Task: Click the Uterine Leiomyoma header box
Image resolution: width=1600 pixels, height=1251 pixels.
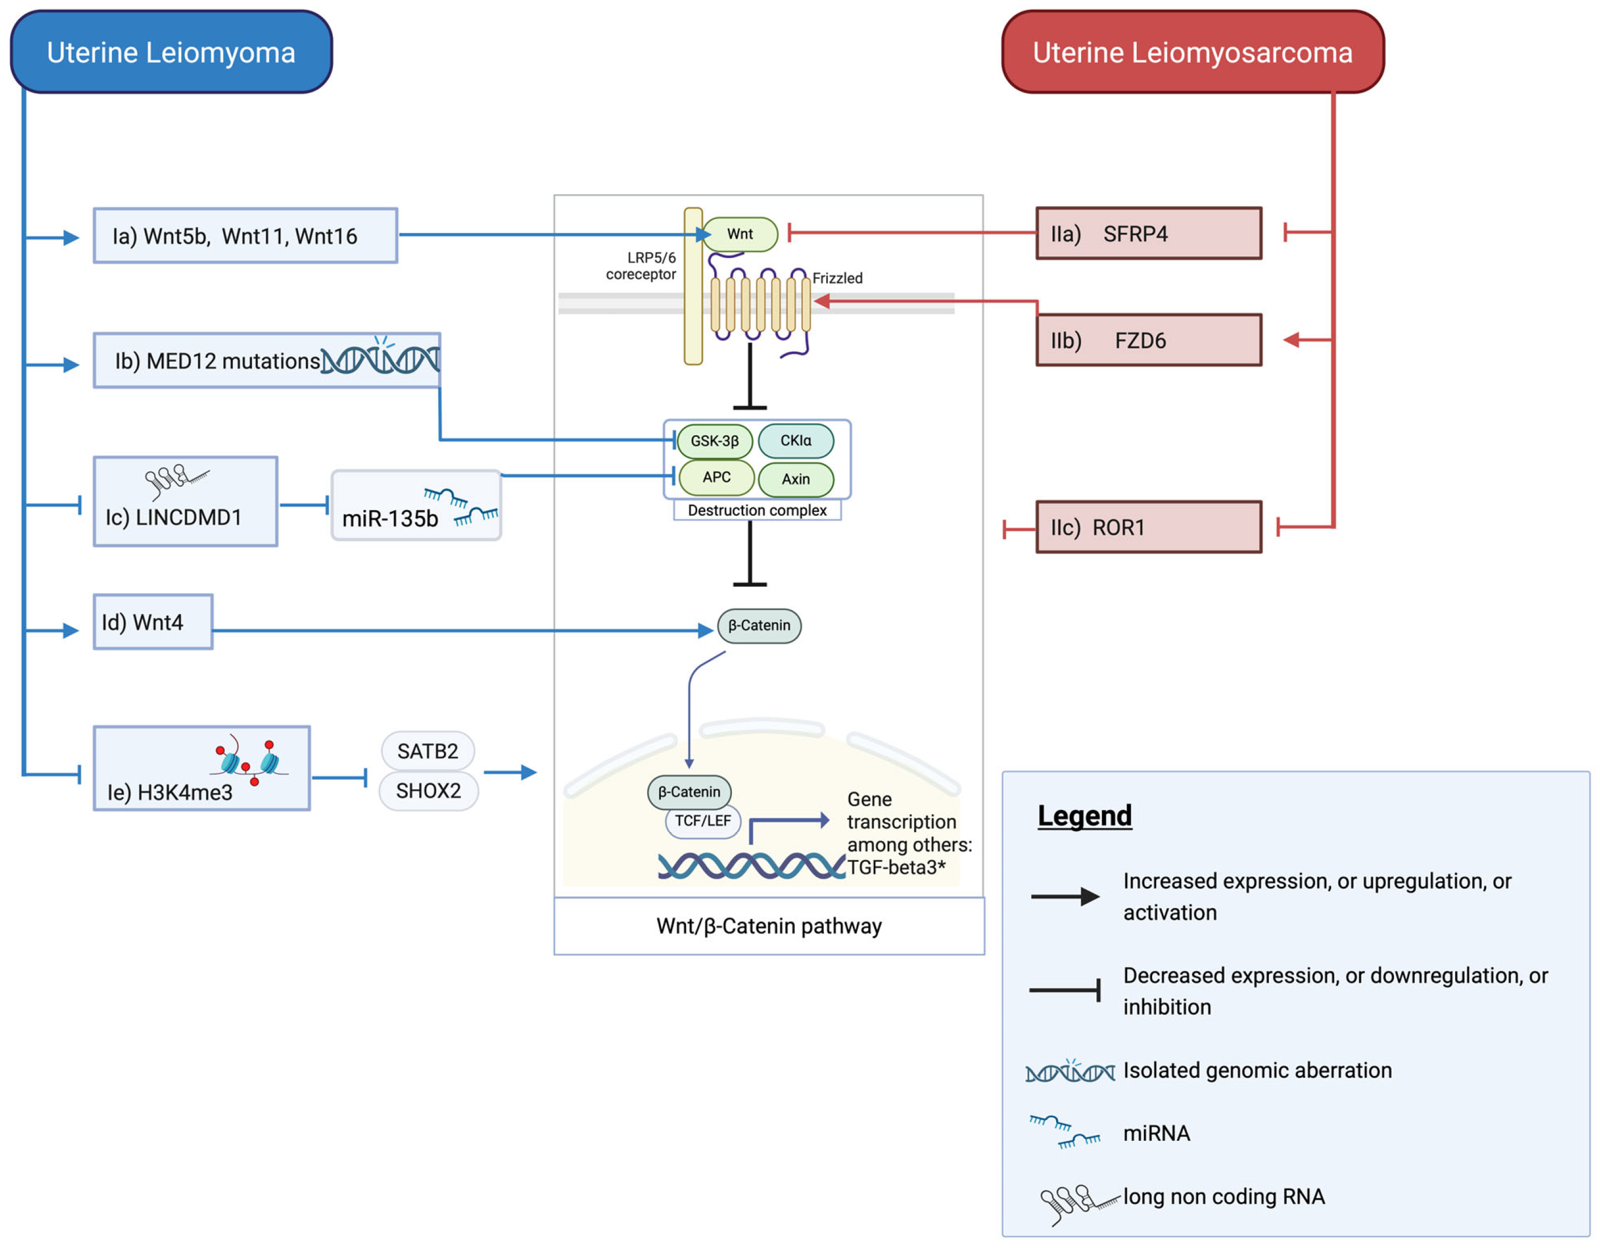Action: (x=171, y=52)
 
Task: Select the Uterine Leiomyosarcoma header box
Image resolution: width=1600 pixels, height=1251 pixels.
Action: (x=1193, y=52)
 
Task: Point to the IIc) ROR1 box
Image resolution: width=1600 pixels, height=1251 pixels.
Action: (x=1149, y=527)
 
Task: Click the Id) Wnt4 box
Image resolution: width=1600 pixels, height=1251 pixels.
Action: (x=153, y=622)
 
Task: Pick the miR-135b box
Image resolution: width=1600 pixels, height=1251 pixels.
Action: (x=416, y=506)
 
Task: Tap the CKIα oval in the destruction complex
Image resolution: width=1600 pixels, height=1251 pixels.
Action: (x=795, y=440)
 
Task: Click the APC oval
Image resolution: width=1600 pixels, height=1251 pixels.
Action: (x=717, y=477)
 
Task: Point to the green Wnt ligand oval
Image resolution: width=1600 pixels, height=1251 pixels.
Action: (x=740, y=234)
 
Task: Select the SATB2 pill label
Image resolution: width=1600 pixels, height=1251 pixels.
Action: (x=428, y=751)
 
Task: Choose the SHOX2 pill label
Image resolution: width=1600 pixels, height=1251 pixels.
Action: (x=429, y=791)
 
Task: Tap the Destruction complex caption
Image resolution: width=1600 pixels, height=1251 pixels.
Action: (x=757, y=510)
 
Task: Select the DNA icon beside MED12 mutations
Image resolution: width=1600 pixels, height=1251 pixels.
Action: (x=381, y=357)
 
